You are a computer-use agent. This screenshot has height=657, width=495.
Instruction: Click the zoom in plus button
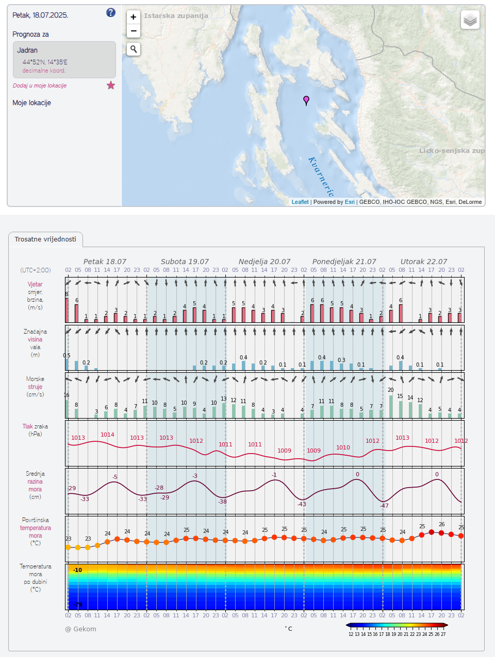pyautogui.click(x=134, y=17)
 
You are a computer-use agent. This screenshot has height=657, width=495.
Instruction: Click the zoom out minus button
pyautogui.click(x=134, y=31)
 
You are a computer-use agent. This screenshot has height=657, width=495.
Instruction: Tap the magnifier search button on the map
pyautogui.click(x=134, y=49)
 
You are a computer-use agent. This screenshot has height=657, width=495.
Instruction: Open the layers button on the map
pyautogui.click(x=470, y=20)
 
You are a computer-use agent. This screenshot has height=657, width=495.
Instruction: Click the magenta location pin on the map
pyautogui.click(x=306, y=100)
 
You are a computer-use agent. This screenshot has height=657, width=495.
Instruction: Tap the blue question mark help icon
pyautogui.click(x=111, y=13)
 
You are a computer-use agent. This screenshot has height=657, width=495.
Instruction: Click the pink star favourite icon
pyautogui.click(x=111, y=85)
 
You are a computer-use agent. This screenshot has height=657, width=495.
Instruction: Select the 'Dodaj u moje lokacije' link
pyautogui.click(x=40, y=85)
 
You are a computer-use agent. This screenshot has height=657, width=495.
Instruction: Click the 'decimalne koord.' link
pyautogui.click(x=44, y=71)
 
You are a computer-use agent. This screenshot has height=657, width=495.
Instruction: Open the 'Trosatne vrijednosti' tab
pyautogui.click(x=45, y=239)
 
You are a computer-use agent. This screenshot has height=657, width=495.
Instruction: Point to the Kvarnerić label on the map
pyautogui.click(x=321, y=176)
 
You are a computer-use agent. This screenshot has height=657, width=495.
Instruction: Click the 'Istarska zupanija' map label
pyautogui.click(x=176, y=16)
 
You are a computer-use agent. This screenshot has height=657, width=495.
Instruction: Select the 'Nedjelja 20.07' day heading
pyautogui.click(x=265, y=262)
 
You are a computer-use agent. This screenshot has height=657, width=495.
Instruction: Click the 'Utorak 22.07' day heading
pyautogui.click(x=424, y=262)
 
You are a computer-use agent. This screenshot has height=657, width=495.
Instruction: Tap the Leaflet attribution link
pyautogui.click(x=300, y=202)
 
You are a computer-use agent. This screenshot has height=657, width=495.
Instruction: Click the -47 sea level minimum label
pyautogui.click(x=384, y=506)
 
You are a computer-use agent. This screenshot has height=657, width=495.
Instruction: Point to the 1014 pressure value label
pyautogui.click(x=107, y=435)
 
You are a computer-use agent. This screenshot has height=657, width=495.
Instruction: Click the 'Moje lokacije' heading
pyautogui.click(x=32, y=103)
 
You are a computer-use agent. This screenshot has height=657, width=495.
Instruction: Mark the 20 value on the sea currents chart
pyautogui.click(x=391, y=390)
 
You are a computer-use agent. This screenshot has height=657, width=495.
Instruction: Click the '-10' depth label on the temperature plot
pyautogui.click(x=77, y=570)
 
